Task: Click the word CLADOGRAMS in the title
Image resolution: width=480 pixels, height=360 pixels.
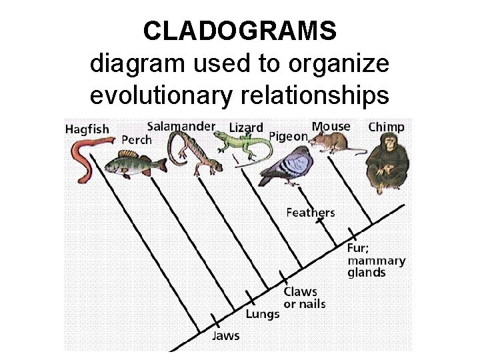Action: (x=240, y=31)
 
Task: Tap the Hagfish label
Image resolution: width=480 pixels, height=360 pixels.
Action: (x=87, y=129)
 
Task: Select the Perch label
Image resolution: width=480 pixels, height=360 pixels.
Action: (x=137, y=140)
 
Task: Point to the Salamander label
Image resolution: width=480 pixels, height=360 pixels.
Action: (x=181, y=125)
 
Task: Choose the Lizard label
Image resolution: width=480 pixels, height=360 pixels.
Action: (x=245, y=127)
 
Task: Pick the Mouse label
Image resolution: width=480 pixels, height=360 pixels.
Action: (x=331, y=126)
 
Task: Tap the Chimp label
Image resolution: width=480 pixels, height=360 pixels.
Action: (x=386, y=126)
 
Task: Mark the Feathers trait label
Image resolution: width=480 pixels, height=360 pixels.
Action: (x=310, y=213)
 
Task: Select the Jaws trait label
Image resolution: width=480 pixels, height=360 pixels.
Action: (x=225, y=335)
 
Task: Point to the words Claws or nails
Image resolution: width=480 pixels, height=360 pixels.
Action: (x=305, y=298)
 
